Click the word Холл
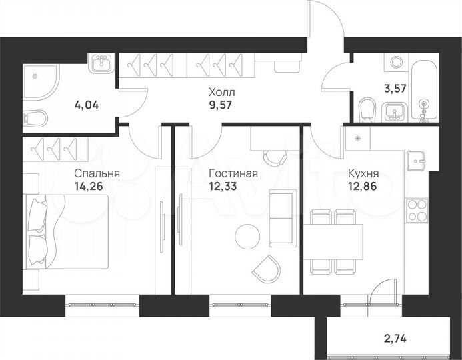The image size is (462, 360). pyautogui.click(x=221, y=91)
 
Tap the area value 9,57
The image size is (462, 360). pyautogui.click(x=221, y=105)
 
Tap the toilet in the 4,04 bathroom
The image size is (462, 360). pyautogui.click(x=35, y=119)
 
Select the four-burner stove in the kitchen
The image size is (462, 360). pyautogui.click(x=417, y=211)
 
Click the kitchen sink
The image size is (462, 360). pyautogui.click(x=417, y=161)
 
